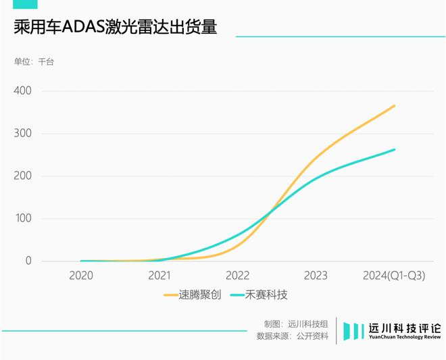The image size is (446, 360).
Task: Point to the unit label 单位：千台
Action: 34,62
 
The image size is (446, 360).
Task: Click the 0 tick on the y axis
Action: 28,261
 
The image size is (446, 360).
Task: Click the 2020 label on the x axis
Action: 81,276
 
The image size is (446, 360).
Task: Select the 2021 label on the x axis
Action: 159,276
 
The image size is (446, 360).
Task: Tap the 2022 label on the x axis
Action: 238,276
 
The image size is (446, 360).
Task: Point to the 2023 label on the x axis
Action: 316,276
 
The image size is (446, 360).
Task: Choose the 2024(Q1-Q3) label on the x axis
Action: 394,276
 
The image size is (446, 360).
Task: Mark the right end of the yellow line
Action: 395,105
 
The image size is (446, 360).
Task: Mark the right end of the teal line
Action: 395,150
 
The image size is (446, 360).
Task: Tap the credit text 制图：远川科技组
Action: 296,323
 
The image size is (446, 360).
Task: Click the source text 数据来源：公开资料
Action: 293,336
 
